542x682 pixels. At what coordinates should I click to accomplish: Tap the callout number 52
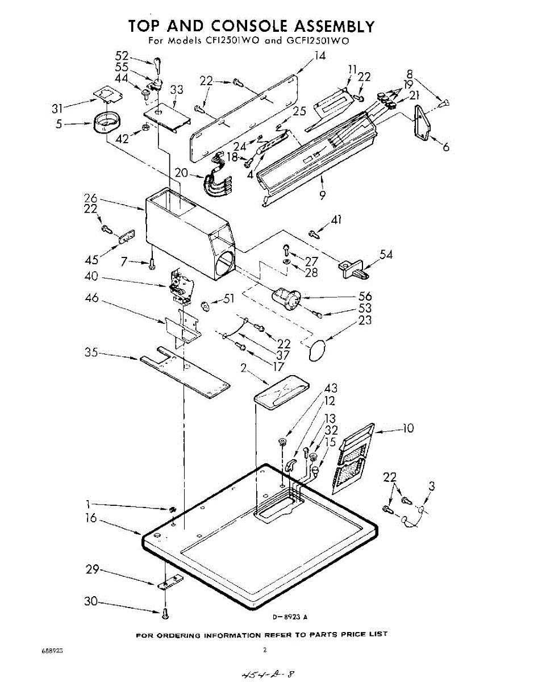[x=122, y=56]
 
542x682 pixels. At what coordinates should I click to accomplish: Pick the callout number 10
[x=408, y=428]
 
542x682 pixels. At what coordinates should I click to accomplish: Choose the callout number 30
[x=91, y=601]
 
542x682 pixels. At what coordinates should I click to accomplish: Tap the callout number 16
[x=91, y=518]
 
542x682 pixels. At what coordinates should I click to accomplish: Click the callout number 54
[x=386, y=254]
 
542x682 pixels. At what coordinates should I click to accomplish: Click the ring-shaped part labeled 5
[x=106, y=123]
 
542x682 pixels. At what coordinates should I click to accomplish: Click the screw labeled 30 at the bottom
[x=165, y=614]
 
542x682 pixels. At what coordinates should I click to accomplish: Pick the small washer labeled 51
[x=206, y=307]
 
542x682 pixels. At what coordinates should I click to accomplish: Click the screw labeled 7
[x=151, y=264]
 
